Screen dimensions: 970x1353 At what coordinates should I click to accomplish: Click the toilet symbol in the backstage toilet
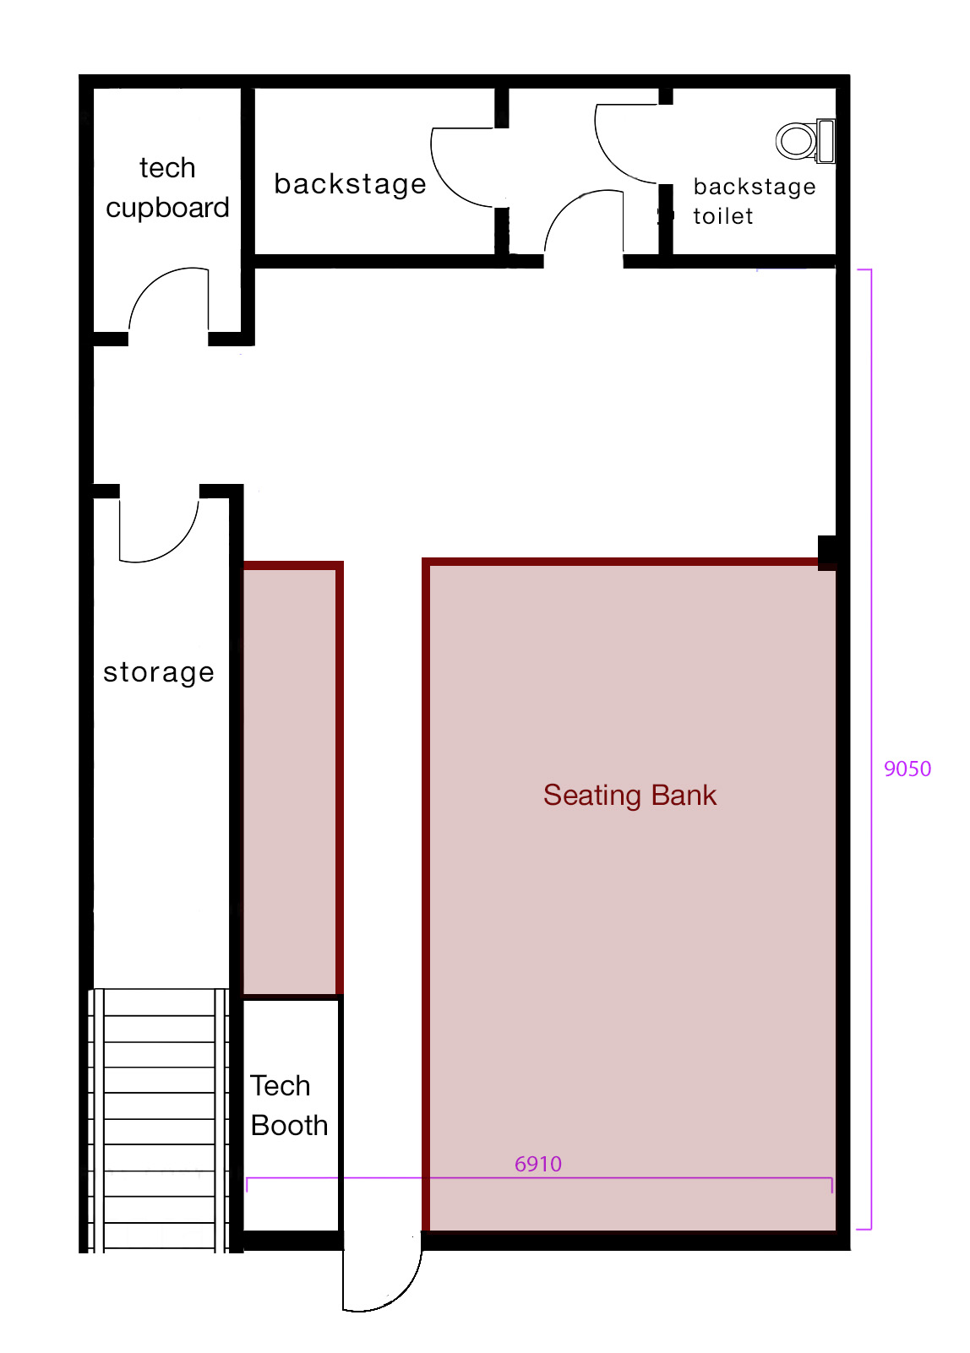click(805, 141)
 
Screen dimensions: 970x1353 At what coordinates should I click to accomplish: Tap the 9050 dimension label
click(907, 769)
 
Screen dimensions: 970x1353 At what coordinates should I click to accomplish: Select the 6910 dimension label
click(538, 1164)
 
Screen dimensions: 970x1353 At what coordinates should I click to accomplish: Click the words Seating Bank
click(629, 795)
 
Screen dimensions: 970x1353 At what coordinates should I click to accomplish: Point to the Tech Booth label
click(289, 1106)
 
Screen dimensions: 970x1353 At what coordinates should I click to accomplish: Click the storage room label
click(159, 673)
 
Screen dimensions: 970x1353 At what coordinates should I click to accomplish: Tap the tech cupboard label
click(167, 187)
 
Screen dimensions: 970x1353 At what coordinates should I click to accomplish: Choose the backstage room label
click(350, 184)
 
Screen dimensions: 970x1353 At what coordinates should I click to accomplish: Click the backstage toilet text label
click(755, 201)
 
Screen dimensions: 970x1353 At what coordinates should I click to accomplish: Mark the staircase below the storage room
click(159, 1121)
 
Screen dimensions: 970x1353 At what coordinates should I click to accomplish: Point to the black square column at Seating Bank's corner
click(827, 552)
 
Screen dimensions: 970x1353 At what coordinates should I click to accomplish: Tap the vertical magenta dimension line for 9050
click(871, 749)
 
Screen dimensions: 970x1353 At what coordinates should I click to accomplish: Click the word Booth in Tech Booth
click(289, 1125)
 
